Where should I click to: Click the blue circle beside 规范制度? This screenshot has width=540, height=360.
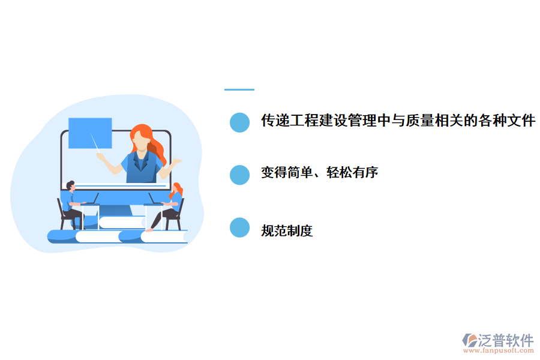click(239, 227)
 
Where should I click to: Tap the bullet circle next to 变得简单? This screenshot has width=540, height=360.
click(239, 175)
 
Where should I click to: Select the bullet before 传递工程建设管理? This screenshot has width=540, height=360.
click(239, 122)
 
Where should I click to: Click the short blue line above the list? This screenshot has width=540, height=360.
click(239, 89)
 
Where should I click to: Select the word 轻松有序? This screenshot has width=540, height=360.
click(352, 173)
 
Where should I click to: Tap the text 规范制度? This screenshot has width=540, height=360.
click(287, 230)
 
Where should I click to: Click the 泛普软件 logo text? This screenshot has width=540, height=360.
click(506, 340)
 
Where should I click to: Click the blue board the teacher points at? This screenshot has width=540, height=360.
click(90, 133)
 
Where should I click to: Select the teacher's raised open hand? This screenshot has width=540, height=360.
click(176, 162)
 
